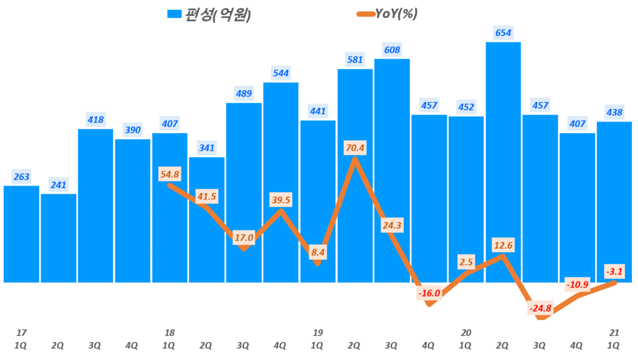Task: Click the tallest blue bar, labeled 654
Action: tap(503, 162)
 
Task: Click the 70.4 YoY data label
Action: tap(355, 148)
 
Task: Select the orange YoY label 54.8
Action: tap(169, 174)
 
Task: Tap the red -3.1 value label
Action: tap(614, 271)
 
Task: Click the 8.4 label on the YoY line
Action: tap(318, 252)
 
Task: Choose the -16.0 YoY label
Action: tap(429, 293)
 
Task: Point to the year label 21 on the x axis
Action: tap(614, 333)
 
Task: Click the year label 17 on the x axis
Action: tap(21, 333)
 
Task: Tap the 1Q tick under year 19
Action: tap(317, 344)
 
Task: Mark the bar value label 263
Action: tap(21, 177)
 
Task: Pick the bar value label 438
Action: tap(614, 113)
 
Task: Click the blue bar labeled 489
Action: tap(244, 193)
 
